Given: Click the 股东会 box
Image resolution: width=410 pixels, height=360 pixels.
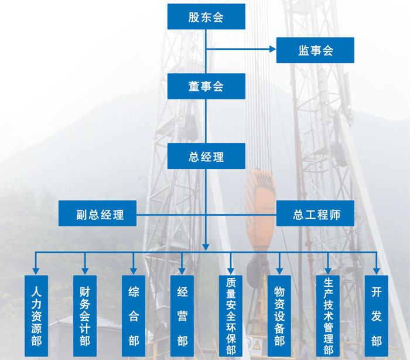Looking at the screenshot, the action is coord(206,16).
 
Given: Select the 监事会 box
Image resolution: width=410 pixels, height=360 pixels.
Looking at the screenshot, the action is coord(315,50).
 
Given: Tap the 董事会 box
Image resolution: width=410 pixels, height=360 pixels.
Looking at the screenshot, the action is coord(206,86).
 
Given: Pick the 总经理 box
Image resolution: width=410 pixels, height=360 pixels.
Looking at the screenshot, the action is coord(206,156).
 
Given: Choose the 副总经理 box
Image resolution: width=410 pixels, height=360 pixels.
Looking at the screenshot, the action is coord(97,213).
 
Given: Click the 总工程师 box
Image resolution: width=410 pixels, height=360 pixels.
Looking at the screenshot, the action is coord(315,213).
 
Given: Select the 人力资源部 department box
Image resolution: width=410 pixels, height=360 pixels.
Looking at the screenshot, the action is coord(36,316).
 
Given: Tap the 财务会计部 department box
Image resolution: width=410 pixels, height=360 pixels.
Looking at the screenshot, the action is coord(85,316).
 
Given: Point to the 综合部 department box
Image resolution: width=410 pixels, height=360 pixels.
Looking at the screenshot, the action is coord(134,316).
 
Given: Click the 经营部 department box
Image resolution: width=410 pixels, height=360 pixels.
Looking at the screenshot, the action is coord(182,316).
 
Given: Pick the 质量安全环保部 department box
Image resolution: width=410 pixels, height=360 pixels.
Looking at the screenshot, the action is coord(231,316).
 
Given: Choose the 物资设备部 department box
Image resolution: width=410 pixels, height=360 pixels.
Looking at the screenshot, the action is coord(279,316).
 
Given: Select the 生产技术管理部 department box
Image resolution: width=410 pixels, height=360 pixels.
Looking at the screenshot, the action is coord(328,316).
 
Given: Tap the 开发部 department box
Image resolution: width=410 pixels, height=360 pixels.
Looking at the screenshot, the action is coord(376,316).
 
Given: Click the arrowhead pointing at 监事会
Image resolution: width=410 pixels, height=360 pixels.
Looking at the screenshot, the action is coord(273,49).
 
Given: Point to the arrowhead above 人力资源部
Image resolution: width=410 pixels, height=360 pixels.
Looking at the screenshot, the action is coord(36,271).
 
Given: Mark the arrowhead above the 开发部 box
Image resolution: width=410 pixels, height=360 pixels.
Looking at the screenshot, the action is coord(376,271).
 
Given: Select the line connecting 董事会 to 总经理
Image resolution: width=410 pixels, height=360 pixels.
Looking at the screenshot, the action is coord(206,121).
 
